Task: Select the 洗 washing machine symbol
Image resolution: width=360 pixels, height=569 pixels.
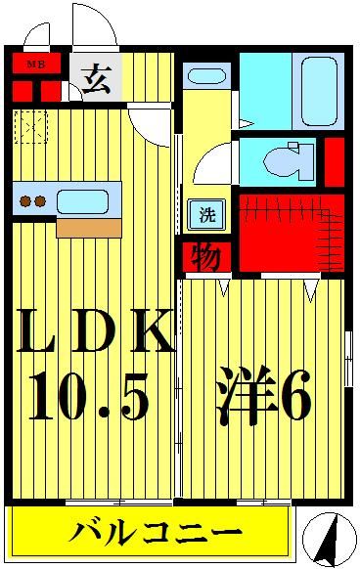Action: click(x=206, y=214)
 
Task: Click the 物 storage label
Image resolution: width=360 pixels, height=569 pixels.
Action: click(x=205, y=258)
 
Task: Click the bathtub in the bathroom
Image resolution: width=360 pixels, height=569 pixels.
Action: click(x=318, y=89)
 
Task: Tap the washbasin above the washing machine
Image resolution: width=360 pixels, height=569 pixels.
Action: click(x=205, y=76)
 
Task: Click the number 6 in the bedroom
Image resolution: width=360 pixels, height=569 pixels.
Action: click(x=295, y=397)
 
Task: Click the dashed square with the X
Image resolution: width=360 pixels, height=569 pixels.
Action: click(x=31, y=127)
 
